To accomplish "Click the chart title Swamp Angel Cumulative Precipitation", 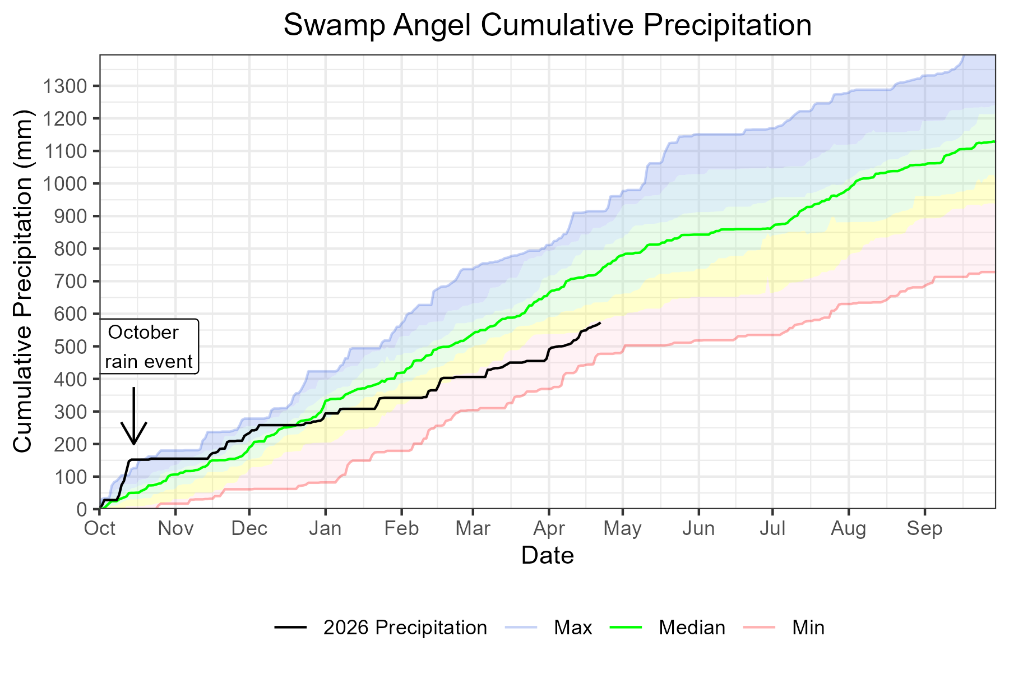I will (547, 25).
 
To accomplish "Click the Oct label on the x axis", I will (100, 529).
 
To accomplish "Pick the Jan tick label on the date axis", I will (325, 529).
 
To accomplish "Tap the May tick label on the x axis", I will (622, 529).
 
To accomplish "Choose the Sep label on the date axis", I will (924, 529).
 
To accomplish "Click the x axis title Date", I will (547, 556).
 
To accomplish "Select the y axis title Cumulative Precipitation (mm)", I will (24, 281).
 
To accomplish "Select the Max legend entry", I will (572, 627).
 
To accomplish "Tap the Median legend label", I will (691, 627).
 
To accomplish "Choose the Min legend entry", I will (808, 627).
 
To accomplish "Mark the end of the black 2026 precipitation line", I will (600, 323).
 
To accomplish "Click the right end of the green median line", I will (994, 142).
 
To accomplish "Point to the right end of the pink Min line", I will (994, 272).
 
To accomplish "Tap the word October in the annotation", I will (143, 333).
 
